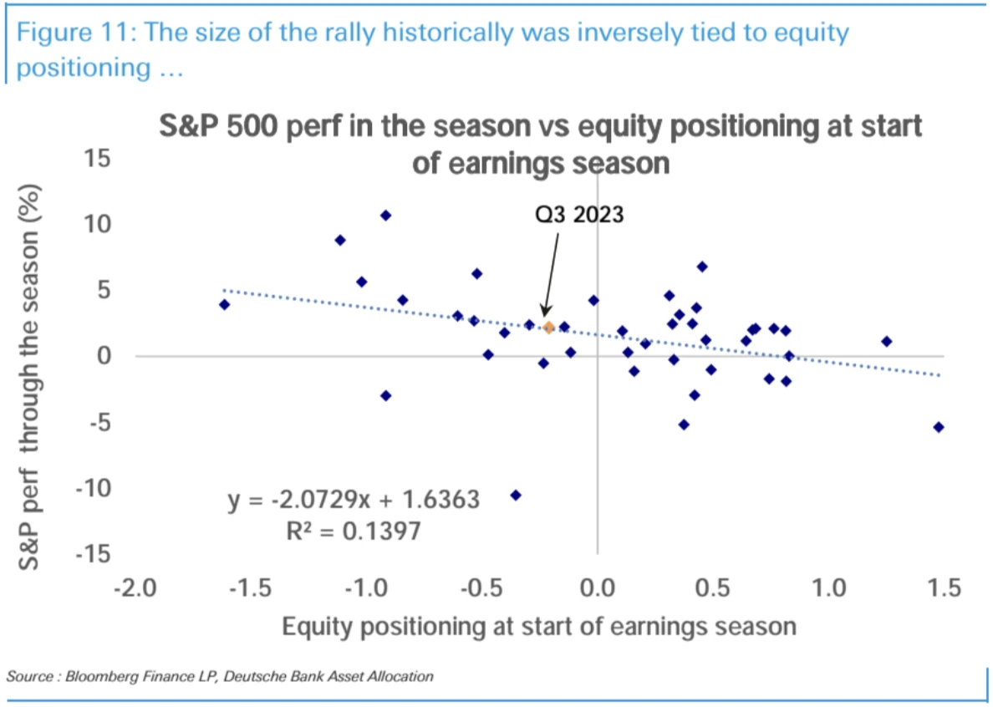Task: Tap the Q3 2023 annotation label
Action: click(x=580, y=215)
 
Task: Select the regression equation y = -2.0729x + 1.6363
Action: click(x=354, y=500)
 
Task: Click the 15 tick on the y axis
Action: click(x=105, y=158)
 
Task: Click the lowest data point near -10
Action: click(x=516, y=495)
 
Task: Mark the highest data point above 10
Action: click(x=385, y=215)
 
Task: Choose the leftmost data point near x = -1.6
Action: click(x=224, y=304)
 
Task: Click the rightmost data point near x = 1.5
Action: click(x=939, y=427)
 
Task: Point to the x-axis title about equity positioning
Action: click(x=538, y=626)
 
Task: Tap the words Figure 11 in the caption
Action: click(x=71, y=33)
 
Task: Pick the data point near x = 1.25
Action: click(x=886, y=341)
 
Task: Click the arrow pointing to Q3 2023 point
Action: click(x=553, y=276)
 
